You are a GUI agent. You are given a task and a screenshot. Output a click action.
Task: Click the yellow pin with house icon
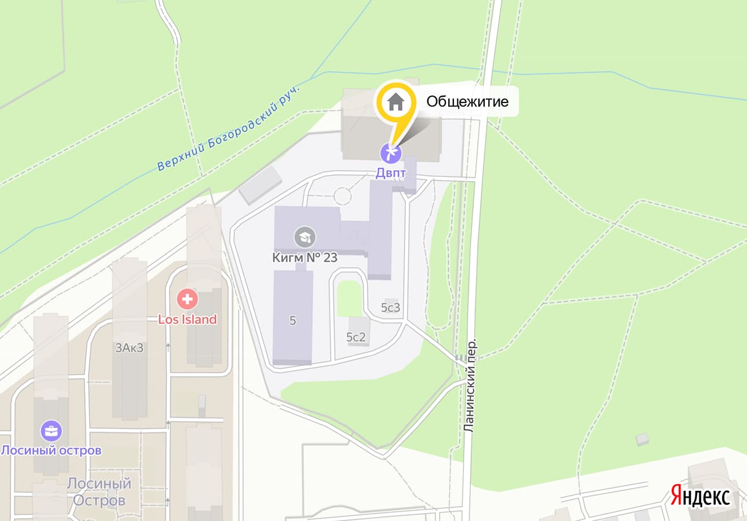[x=397, y=103]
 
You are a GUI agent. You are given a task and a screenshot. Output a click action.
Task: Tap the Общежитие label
[x=467, y=102]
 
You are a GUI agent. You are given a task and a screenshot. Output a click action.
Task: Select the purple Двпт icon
[x=390, y=153]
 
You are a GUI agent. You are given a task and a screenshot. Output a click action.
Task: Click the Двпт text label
[x=390, y=172]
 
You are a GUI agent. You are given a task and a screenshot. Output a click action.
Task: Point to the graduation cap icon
[x=305, y=236]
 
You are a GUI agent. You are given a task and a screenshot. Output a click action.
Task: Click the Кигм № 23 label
[x=305, y=258]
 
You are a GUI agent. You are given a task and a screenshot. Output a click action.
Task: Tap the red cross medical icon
[x=188, y=300]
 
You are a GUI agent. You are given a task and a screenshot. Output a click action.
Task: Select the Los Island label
[x=188, y=320]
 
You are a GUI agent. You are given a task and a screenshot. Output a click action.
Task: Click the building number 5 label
[x=292, y=321]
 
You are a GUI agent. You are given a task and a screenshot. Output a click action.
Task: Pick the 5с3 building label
[x=391, y=308]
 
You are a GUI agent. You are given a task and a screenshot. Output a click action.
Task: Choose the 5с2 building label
[x=356, y=337]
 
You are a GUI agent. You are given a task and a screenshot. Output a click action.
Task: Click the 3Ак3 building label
[x=129, y=347]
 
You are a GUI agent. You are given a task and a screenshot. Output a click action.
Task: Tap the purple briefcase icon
[x=51, y=431]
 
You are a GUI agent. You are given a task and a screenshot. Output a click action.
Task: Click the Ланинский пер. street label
[x=470, y=385]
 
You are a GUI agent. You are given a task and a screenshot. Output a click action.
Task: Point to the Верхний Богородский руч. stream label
[x=230, y=128]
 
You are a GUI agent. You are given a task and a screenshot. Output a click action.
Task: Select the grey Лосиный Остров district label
[x=98, y=491]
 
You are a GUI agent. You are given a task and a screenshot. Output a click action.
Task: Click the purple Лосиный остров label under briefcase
[x=51, y=450]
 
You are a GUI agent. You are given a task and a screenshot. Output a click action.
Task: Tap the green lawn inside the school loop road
[x=349, y=298]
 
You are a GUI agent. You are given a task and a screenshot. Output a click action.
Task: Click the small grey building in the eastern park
[x=642, y=439]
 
